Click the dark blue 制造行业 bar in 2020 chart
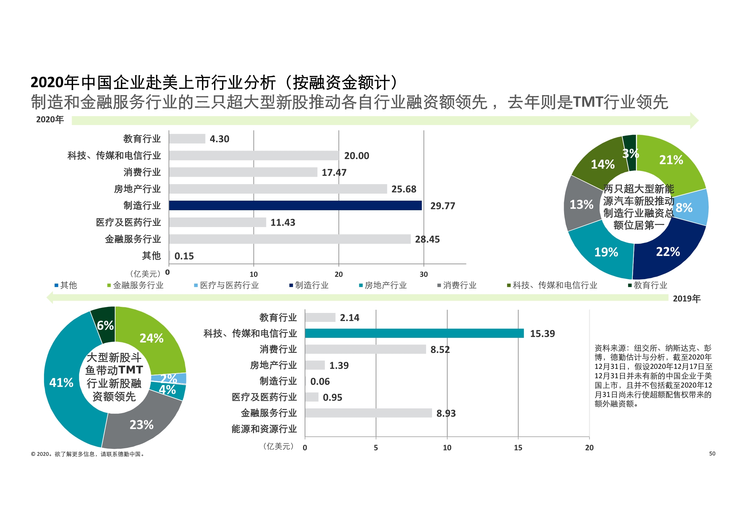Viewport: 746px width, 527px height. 295,206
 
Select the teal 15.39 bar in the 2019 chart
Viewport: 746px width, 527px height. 414,333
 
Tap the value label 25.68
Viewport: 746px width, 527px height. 404,189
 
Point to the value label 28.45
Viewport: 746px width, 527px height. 427,240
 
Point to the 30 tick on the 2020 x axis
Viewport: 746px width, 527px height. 423,274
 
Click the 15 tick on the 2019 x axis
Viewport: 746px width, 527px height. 518,447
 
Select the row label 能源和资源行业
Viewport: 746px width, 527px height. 264,429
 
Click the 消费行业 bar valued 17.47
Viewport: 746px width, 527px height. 243,172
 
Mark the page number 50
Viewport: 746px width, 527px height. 712,454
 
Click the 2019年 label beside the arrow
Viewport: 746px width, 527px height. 687,299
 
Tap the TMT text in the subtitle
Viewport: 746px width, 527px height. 588,102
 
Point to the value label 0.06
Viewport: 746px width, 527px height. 320,382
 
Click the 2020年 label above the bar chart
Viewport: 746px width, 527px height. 50,120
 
